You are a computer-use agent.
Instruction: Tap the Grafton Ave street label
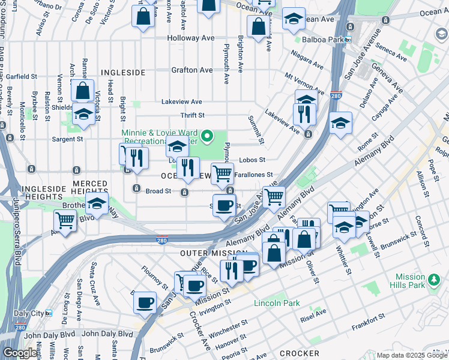[x=191, y=70]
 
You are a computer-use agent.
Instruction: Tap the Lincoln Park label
[x=276, y=303]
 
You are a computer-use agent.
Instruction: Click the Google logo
[x=20, y=353]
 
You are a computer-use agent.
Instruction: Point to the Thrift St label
[x=193, y=115]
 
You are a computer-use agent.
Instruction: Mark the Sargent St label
[x=67, y=139]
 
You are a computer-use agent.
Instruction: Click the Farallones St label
[x=254, y=175]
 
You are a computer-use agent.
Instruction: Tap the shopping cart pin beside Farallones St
[x=222, y=174]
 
